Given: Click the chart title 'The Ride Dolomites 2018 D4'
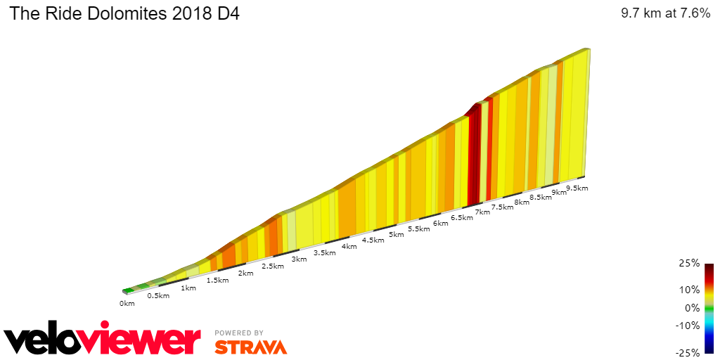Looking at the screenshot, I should click(124, 14).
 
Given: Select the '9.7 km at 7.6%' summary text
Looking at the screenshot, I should click(665, 14).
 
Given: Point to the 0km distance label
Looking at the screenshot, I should click(127, 304).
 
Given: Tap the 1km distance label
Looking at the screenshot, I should click(188, 288).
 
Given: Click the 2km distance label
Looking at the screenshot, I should click(245, 273).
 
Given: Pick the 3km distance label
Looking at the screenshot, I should click(299, 259).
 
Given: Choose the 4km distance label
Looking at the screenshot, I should click(349, 246).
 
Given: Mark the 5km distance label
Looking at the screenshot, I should click(396, 235).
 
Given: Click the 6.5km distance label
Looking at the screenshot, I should click(461, 218).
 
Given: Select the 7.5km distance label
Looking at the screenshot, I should click(502, 207).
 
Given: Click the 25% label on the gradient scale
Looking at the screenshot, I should click(690, 264).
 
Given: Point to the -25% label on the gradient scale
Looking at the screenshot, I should click(688, 352).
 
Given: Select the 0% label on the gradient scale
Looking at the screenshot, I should click(692, 308).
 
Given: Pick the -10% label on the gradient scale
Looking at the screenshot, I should click(688, 326).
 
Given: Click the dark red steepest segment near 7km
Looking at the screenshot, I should click(475, 155).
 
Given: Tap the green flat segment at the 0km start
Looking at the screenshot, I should click(128, 290).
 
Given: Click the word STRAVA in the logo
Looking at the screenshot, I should click(250, 347).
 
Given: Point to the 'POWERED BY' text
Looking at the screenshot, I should click(239, 333).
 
